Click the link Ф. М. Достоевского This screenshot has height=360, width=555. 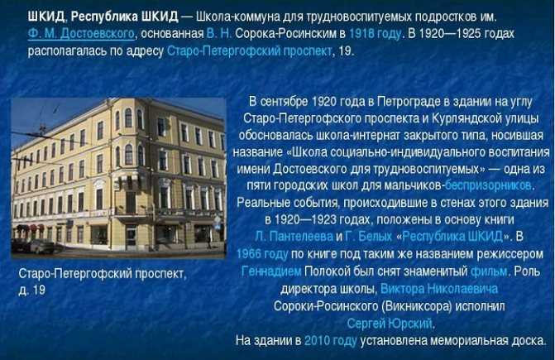pos(81,34)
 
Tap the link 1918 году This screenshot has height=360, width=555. pos(376,34)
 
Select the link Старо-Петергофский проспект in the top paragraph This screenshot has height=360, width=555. pos(249,51)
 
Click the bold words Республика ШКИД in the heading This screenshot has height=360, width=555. pos(124,17)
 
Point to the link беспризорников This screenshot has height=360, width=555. pos(488,185)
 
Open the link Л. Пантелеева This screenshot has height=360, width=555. pos(294,236)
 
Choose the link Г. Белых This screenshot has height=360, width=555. pos(368,236)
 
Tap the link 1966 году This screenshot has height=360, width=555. pos(262,254)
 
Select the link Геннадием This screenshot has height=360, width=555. pos(271,271)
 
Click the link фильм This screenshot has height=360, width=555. pos(489,271)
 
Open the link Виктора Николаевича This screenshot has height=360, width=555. pos(439,289)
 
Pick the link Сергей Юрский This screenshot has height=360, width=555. pos(390,324)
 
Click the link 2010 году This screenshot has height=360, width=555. pos(330,340)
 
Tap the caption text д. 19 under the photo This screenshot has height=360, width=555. pos(32,290)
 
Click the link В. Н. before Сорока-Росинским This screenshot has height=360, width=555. pos(219,34)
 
